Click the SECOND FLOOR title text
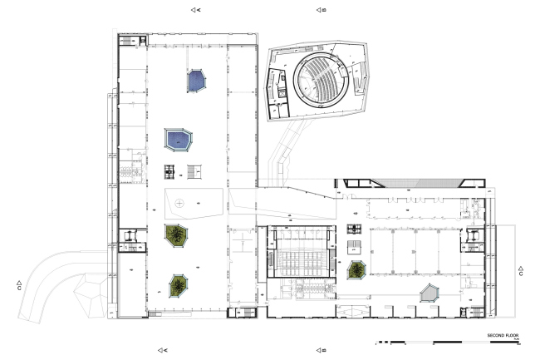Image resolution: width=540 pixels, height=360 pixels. point(503,335)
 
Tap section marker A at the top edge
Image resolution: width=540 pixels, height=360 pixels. point(196,10)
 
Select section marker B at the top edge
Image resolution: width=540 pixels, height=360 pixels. point(322,10)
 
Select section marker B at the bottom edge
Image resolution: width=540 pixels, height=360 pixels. point(322,350)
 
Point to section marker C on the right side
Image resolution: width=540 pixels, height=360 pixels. point(521,271)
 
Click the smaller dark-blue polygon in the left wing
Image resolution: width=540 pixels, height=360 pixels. point(196,80)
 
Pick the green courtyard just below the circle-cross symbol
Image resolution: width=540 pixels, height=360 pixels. point(176,235)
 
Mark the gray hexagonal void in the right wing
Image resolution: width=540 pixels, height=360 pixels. point(430,293)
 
